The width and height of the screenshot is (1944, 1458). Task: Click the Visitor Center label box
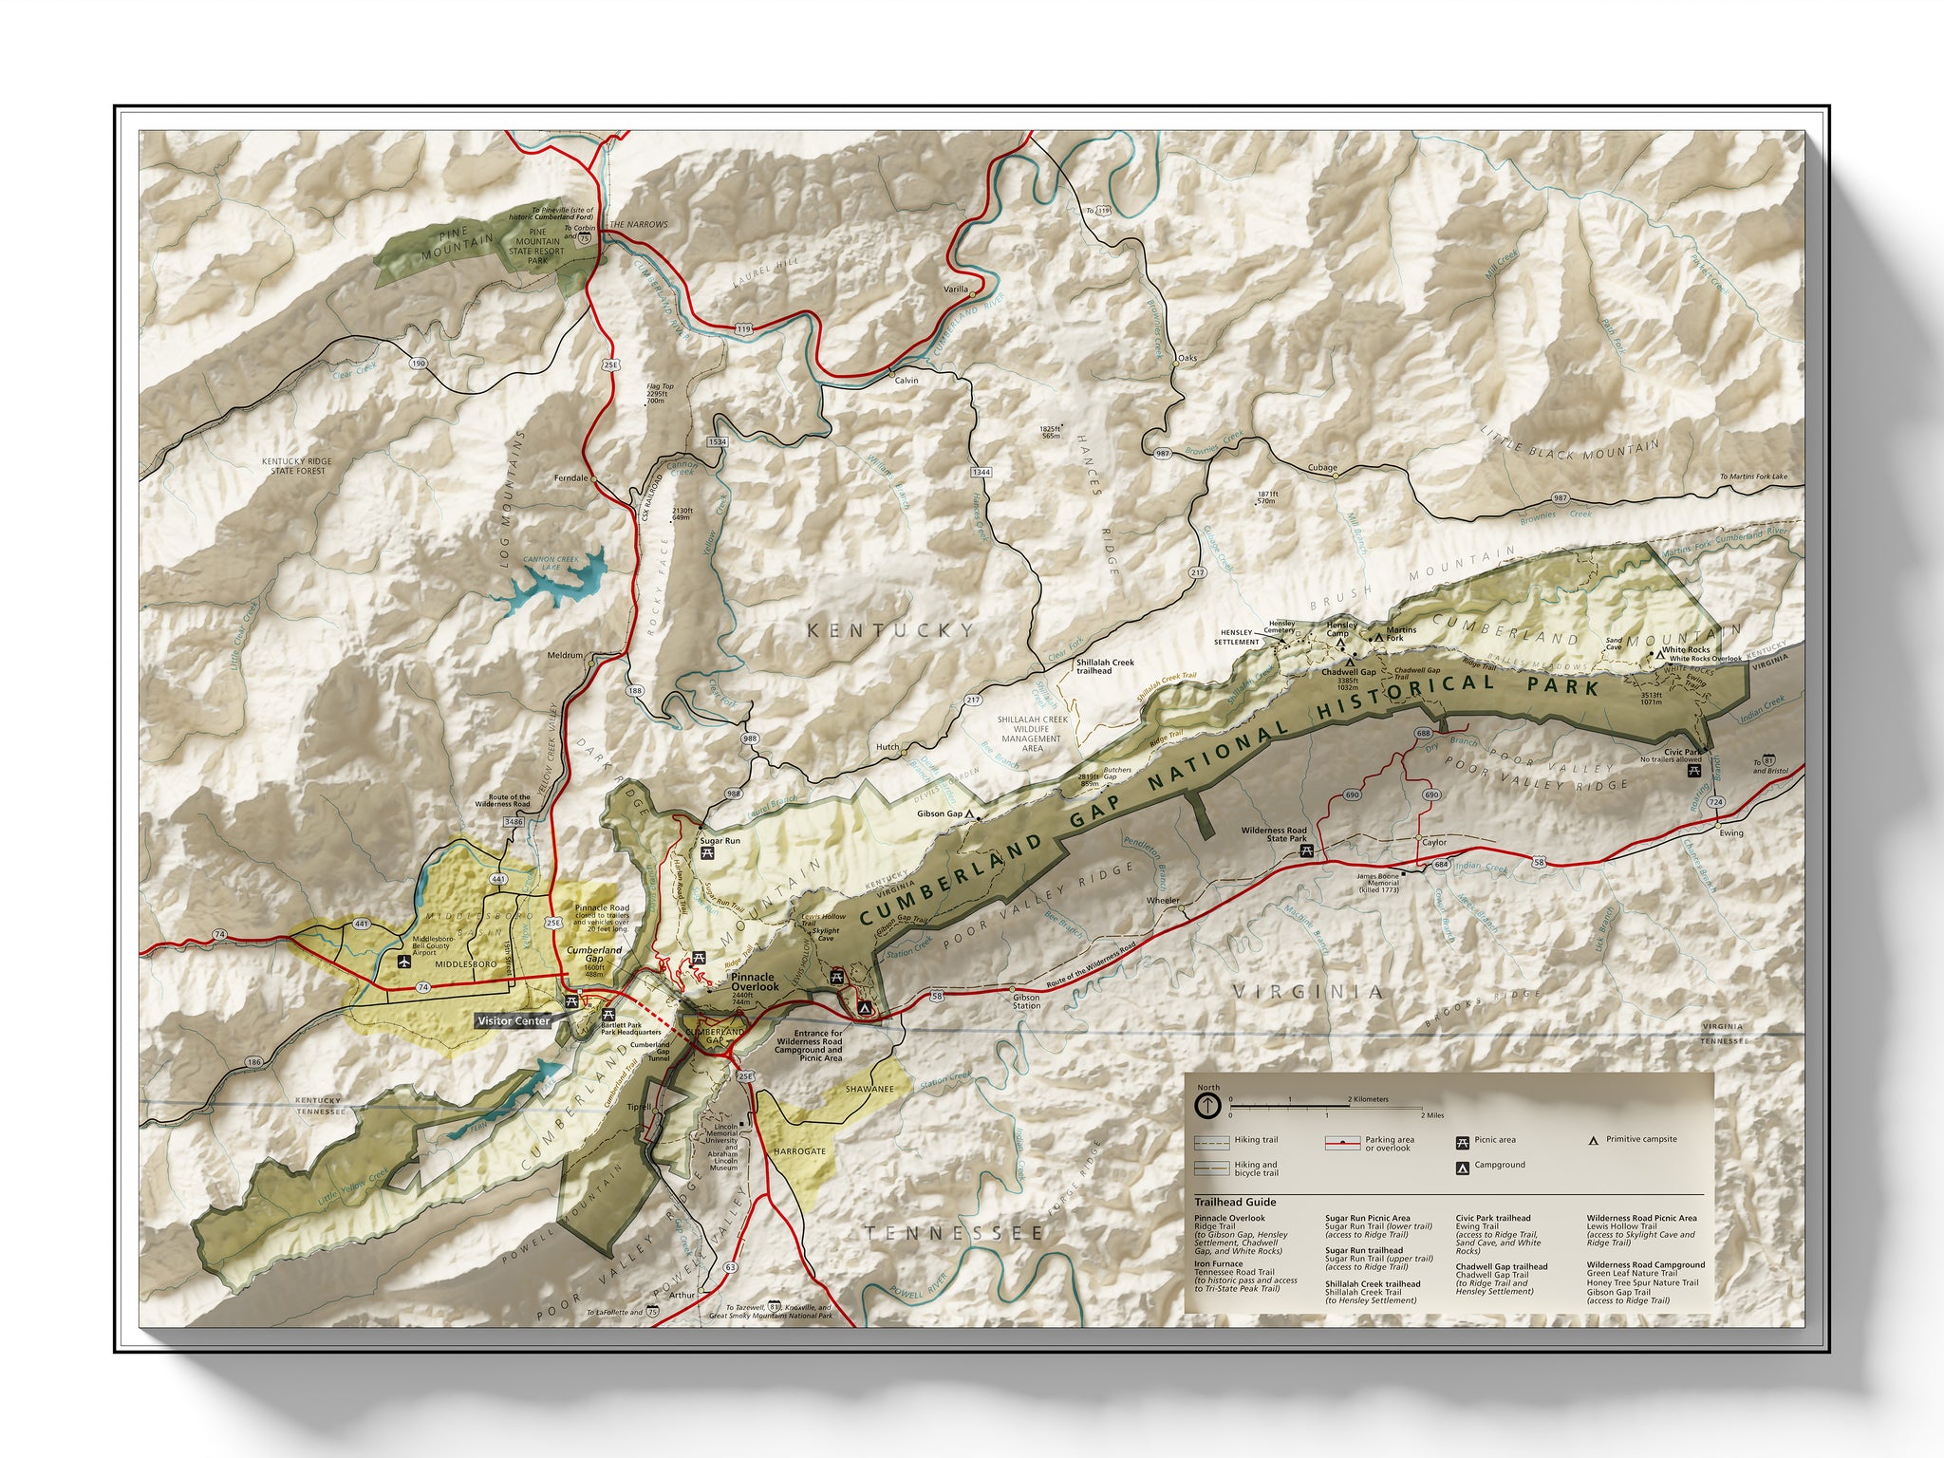[514, 1020]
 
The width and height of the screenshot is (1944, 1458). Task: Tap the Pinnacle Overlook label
[755, 981]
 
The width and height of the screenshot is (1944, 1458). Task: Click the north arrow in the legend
[1207, 1106]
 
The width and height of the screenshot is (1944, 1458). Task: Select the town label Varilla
[956, 290]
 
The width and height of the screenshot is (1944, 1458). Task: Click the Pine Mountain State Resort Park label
[538, 246]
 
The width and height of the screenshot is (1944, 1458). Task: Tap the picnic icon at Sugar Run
[707, 853]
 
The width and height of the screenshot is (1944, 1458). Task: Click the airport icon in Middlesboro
[403, 962]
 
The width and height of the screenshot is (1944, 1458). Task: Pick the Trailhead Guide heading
[1235, 1202]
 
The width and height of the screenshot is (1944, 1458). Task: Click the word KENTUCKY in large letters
[890, 630]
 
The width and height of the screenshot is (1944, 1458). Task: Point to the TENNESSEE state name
[953, 1233]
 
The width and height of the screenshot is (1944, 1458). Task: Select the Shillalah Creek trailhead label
[1104, 666]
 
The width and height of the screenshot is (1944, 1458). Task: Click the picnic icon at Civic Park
[1693, 772]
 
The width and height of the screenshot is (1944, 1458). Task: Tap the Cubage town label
[1321, 468]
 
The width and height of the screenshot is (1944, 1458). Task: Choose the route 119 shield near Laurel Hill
[742, 329]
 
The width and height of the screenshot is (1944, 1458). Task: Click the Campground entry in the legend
[1499, 1165]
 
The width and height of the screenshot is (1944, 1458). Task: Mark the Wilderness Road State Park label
[1273, 834]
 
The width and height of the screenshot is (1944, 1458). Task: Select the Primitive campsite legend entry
[1640, 1139]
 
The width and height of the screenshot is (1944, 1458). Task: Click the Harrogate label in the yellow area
[799, 1151]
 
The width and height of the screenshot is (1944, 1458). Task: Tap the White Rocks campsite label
[1686, 650]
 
